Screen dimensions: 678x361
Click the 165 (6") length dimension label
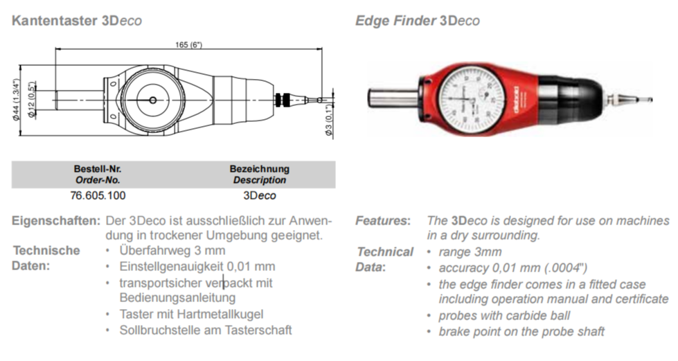pos(188,44)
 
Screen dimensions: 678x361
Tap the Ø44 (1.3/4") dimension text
pos(17,100)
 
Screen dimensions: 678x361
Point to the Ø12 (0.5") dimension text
pos(30,100)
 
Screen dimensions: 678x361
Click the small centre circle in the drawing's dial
pos(152,100)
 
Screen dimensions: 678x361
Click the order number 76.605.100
pos(98,195)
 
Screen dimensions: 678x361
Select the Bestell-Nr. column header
pos(98,169)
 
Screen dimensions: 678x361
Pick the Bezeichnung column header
pos(260,169)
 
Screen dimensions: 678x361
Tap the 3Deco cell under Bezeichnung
pos(260,195)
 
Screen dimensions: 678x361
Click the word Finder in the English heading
pos(416,21)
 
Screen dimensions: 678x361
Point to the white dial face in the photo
pos(471,99)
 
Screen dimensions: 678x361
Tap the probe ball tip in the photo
pos(650,100)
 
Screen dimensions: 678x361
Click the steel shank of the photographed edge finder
pos(393,97)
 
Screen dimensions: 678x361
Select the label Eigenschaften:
pos(56,221)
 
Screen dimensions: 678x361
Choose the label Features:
pos(383,221)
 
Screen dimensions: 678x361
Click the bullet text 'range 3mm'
pos(470,252)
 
